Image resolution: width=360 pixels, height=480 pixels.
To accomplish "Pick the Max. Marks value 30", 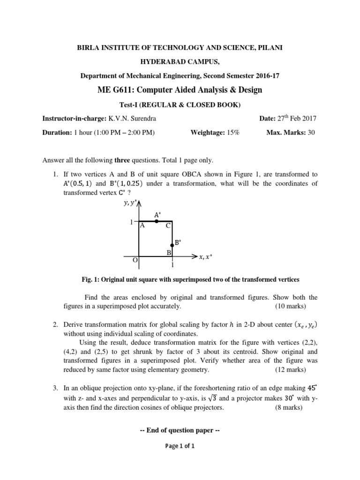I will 311,133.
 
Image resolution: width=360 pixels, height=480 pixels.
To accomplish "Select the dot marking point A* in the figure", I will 157,221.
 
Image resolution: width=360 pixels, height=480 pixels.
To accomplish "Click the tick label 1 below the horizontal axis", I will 172,265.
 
